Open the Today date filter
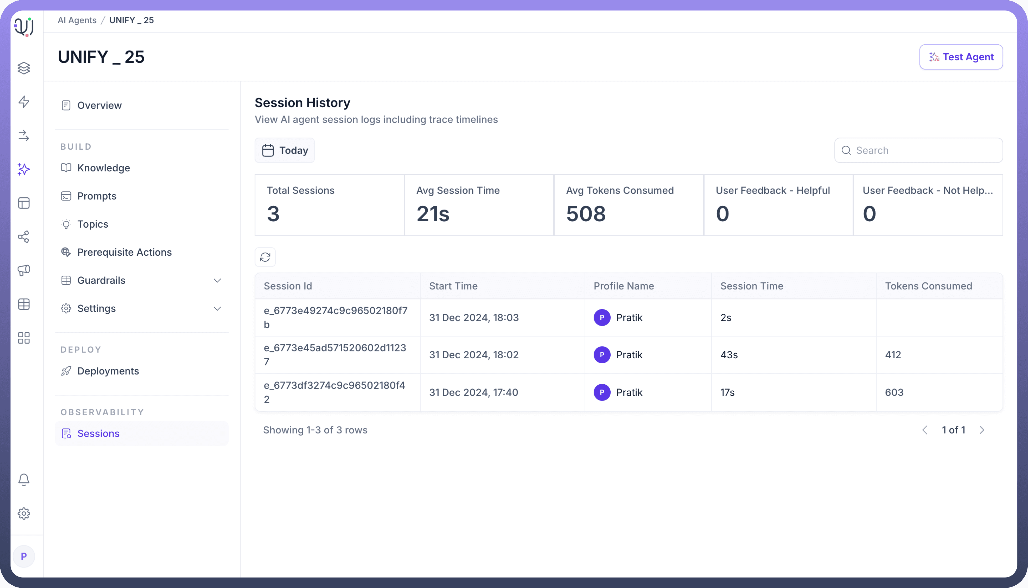[285, 150]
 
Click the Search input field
[924, 150]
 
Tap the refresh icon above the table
[265, 257]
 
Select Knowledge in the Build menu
[104, 168]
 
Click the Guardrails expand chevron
[217, 281]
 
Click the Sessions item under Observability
[98, 434]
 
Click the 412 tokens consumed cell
[893, 355]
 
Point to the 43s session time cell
[729, 355]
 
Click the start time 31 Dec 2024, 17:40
[473, 392]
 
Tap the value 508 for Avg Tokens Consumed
[586, 214]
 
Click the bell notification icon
[24, 480]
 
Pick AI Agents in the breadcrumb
[77, 20]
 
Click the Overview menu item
[99, 106]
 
